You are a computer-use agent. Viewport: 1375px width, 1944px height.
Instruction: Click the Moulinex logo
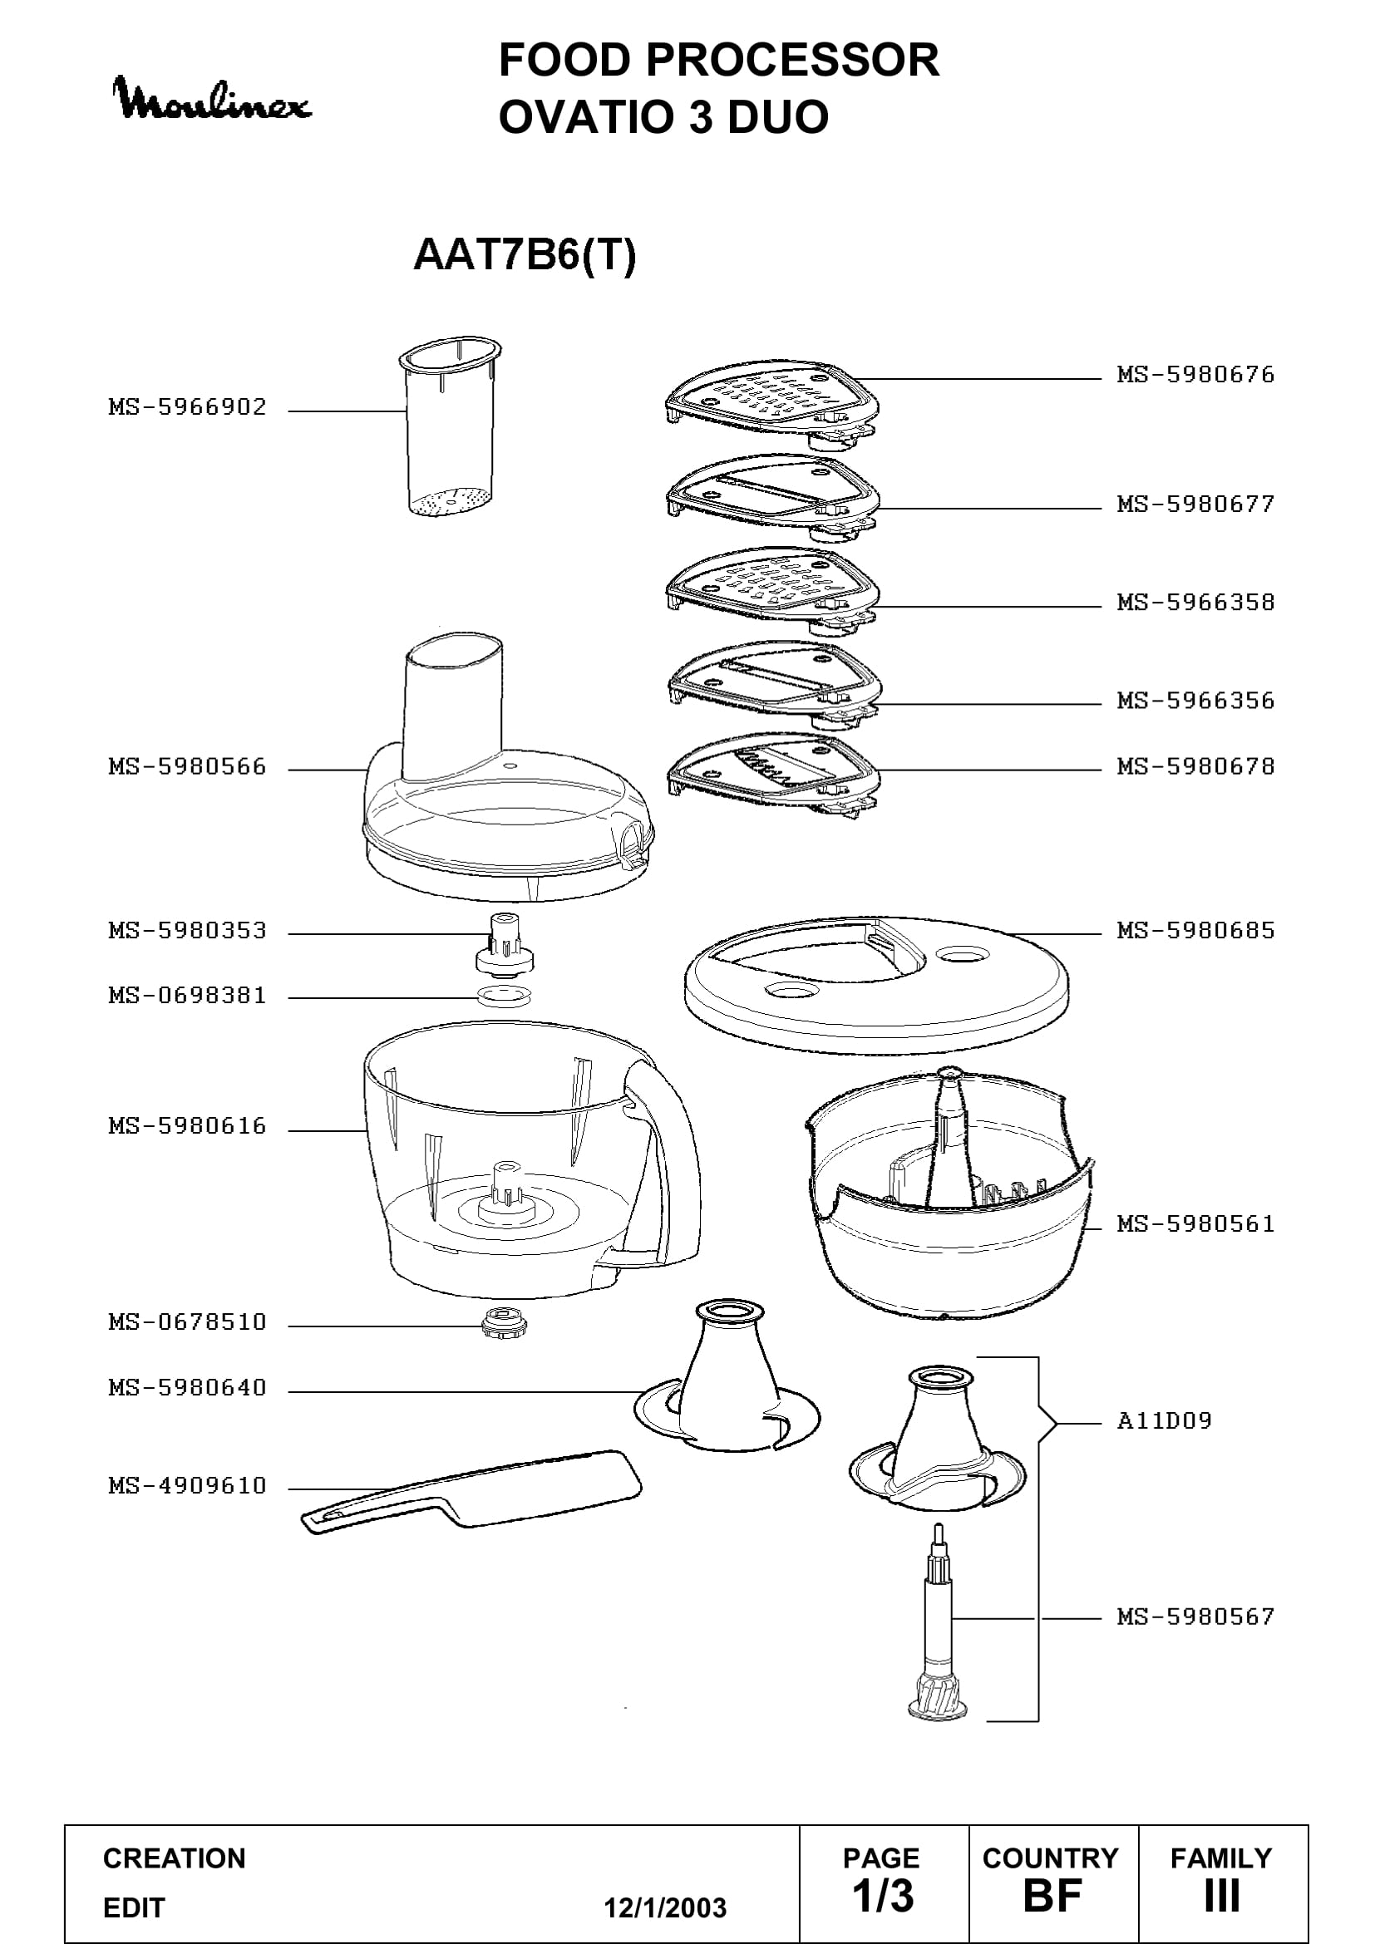212,100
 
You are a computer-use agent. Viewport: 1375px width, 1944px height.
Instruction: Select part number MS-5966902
187,407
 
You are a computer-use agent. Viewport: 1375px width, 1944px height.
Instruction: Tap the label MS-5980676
1195,375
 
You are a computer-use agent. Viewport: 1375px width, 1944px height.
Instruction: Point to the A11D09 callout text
1164,1420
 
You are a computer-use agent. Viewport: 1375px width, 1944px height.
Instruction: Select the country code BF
1052,1897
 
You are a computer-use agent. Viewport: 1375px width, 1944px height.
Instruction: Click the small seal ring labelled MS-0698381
505,996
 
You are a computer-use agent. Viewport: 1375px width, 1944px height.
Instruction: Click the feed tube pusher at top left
450,427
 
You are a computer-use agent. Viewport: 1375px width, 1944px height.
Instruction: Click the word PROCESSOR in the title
792,60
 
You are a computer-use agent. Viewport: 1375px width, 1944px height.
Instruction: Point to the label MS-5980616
187,1126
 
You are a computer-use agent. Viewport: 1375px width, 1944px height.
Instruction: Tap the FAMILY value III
1222,1897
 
